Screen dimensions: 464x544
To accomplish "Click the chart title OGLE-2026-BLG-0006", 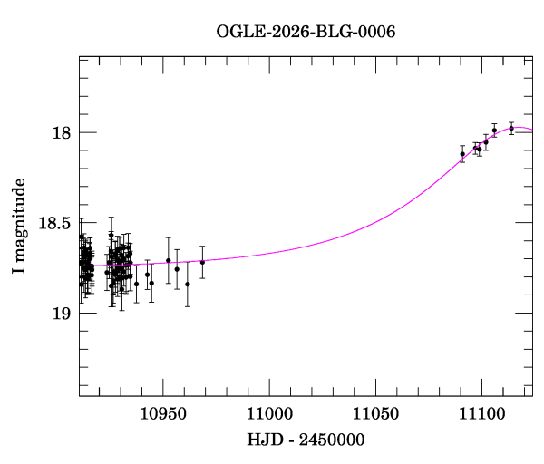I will point(306,31).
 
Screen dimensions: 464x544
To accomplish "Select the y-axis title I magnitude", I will point(18,226).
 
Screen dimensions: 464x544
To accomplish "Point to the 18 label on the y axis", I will point(63,133).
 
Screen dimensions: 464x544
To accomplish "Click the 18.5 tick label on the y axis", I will point(55,223).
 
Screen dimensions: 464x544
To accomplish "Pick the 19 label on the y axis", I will point(63,313).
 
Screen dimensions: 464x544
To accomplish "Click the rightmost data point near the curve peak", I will point(511,128).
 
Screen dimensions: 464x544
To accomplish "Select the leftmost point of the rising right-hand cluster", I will point(462,153).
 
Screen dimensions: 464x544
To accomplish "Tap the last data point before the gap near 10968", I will point(202,262).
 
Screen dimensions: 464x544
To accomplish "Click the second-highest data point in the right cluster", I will point(494,131).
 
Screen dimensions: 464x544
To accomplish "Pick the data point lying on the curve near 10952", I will point(169,260).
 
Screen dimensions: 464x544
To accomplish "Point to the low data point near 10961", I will point(188,284).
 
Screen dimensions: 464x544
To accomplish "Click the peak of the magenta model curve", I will point(517,128).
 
